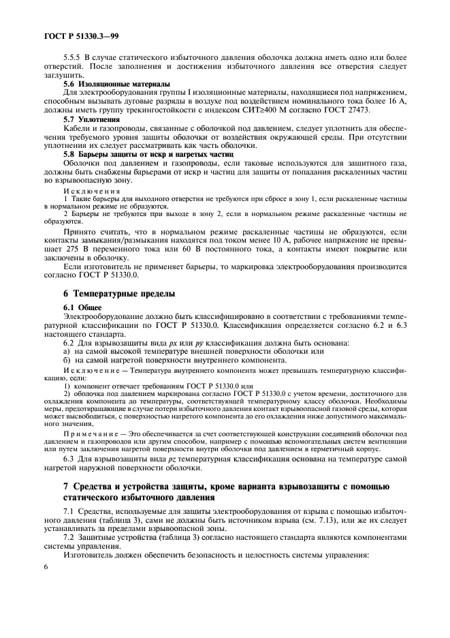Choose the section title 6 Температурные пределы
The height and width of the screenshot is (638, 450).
(x=118, y=294)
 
